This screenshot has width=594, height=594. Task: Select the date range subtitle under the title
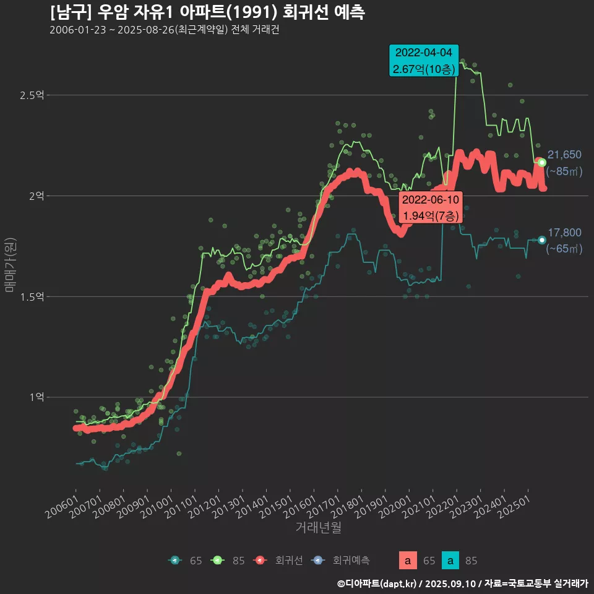(x=164, y=30)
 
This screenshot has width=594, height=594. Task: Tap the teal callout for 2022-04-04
(x=424, y=61)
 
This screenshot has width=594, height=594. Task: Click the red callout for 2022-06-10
(x=430, y=207)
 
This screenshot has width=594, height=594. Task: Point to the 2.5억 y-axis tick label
(x=32, y=95)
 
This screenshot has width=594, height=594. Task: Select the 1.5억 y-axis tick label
(x=32, y=297)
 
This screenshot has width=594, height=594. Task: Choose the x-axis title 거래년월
(x=318, y=528)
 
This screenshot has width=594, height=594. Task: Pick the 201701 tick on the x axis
(x=326, y=502)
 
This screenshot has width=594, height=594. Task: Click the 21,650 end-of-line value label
(x=564, y=155)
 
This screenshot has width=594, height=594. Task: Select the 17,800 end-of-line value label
(x=564, y=233)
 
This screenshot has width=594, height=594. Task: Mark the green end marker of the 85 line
(x=542, y=162)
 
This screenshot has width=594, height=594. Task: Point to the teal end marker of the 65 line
(x=542, y=240)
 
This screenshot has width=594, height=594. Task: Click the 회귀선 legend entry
(x=282, y=561)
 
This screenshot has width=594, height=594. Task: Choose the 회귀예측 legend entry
(x=343, y=561)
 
